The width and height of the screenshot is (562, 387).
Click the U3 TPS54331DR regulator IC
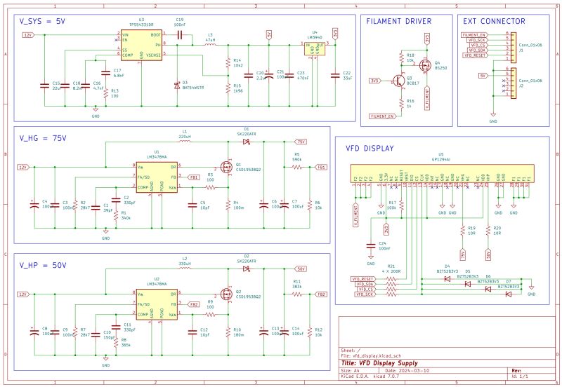pos(141,43)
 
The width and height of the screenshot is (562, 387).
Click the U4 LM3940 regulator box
pos(315,48)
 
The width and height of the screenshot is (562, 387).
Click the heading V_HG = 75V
pos(44,138)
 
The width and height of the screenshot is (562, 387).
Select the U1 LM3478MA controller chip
pos(157,177)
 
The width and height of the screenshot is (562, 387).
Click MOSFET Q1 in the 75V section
pos(226,167)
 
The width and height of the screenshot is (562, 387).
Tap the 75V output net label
pos(301,142)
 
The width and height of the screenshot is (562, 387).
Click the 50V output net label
pos(301,269)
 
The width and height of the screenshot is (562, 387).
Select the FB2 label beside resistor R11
pos(321,294)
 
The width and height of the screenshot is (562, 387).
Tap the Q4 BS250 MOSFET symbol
pos(424,67)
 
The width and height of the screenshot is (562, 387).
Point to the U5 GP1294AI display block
pos(440,171)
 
